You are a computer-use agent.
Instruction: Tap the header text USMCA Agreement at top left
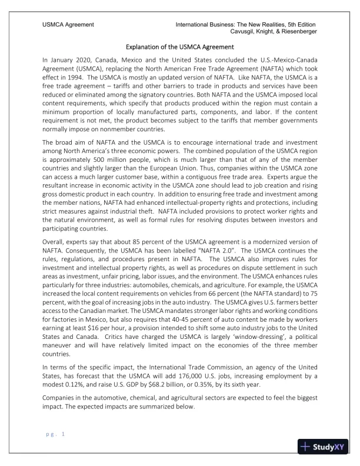[x=69, y=24]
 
